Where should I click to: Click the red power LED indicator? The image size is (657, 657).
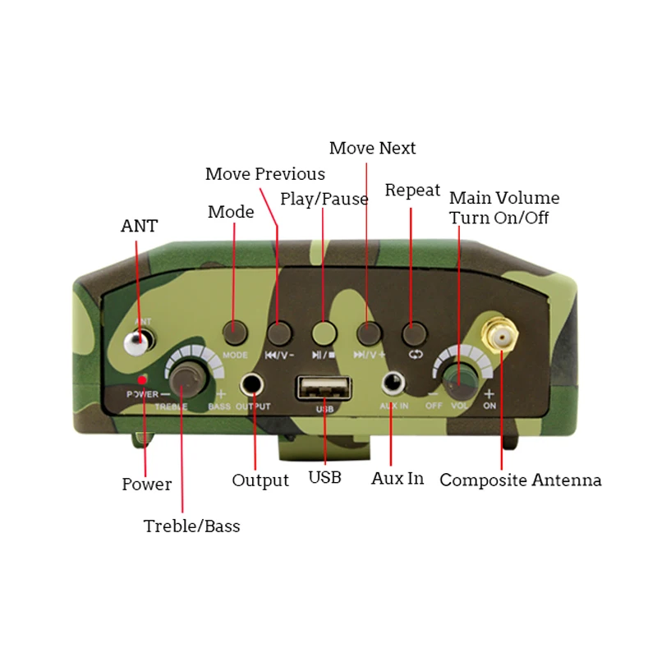point(142,379)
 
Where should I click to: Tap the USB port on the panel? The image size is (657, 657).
point(324,387)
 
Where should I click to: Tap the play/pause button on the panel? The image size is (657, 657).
point(324,332)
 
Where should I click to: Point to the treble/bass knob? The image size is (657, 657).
point(188,380)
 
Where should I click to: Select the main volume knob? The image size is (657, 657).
point(459,379)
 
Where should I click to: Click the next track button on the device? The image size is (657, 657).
point(369,332)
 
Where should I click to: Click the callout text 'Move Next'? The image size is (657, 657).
point(372,149)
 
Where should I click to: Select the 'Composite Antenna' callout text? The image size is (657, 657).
point(521,480)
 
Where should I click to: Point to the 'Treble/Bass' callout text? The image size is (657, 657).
point(191,526)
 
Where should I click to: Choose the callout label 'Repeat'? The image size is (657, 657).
point(412,191)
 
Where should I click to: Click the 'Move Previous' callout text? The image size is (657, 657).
point(264,174)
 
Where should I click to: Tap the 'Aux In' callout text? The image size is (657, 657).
point(397,478)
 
